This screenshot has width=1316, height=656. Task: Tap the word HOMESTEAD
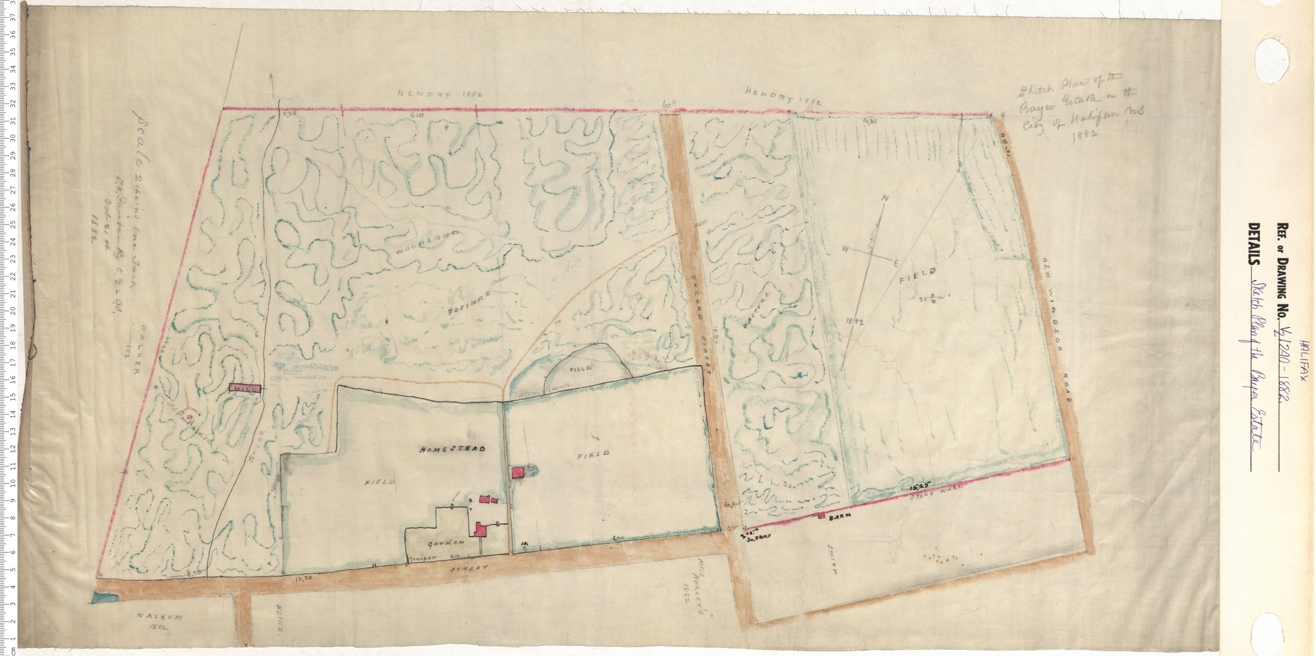click(453, 449)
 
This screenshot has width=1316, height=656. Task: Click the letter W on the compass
click(846, 250)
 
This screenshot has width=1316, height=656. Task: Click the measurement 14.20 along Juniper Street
click(304, 579)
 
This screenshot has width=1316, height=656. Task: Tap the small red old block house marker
click(189, 417)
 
